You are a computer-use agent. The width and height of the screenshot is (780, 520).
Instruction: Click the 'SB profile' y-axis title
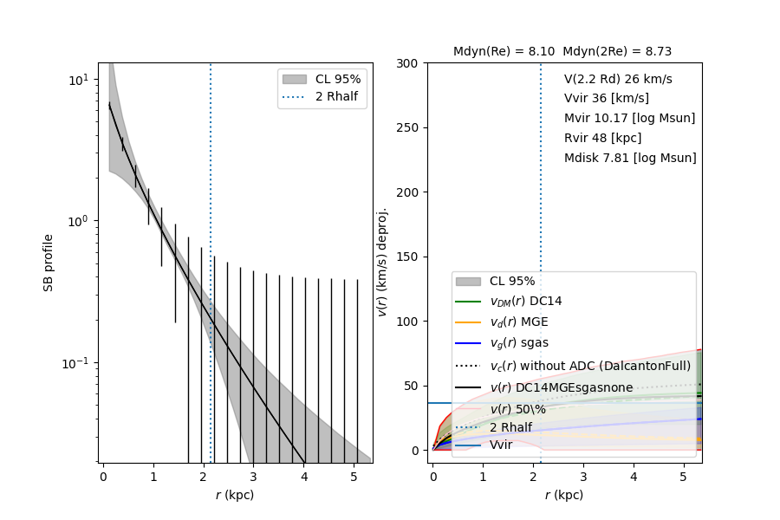(49, 262)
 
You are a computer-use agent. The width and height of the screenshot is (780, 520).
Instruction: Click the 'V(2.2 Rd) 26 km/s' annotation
(618, 79)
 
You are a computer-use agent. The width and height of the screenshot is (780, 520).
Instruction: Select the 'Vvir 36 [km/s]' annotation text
(606, 99)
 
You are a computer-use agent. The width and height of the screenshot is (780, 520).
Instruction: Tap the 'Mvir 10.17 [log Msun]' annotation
(629, 119)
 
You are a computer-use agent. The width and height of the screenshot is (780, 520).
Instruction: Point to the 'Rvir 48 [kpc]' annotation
(602, 139)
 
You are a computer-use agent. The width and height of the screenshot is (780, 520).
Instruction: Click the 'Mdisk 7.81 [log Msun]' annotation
(630, 159)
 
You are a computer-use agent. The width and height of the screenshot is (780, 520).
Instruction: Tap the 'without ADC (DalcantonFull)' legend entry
(590, 365)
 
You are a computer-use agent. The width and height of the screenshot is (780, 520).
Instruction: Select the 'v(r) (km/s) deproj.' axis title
(381, 262)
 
